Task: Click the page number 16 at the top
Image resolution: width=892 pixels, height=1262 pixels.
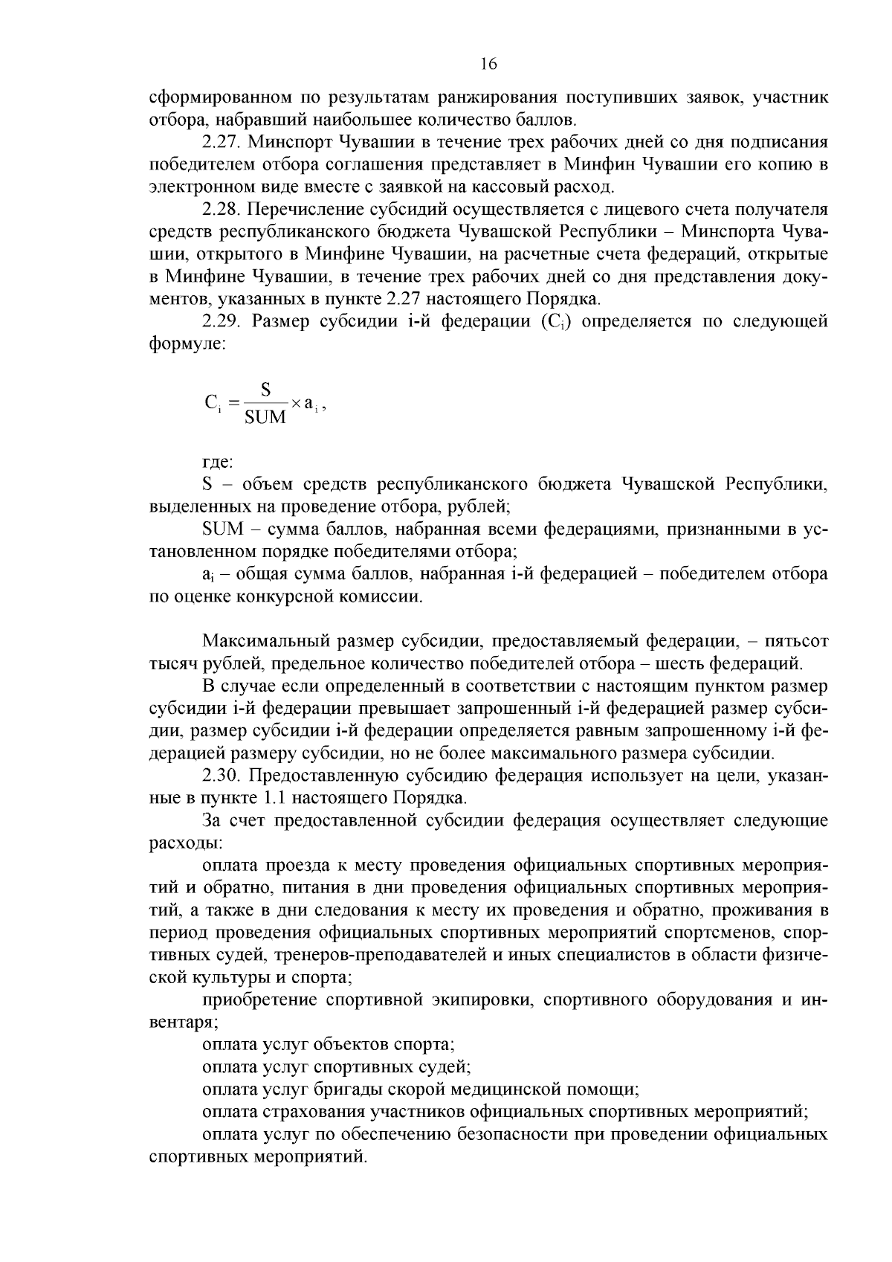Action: click(x=488, y=64)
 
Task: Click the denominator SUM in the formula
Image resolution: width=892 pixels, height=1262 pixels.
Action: click(x=265, y=417)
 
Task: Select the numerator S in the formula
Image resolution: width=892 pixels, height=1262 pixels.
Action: click(x=265, y=390)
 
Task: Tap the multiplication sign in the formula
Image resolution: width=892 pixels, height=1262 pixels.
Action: click(x=295, y=403)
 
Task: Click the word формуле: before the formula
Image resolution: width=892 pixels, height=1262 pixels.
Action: click(x=187, y=344)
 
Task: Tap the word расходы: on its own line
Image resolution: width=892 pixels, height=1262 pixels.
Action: click(x=184, y=843)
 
